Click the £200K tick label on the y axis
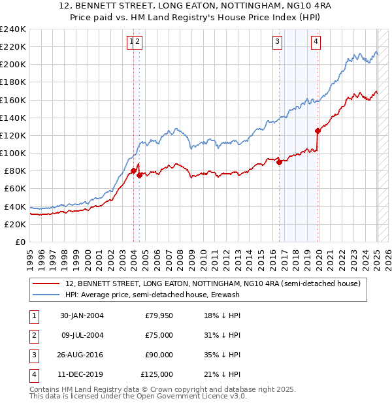coord(13,65)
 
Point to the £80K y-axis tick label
coord(15,171)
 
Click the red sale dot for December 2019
coord(318,131)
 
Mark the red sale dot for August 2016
coord(280,163)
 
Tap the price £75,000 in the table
coord(159,335)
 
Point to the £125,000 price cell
coord(157,374)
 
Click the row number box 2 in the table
coord(33,335)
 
